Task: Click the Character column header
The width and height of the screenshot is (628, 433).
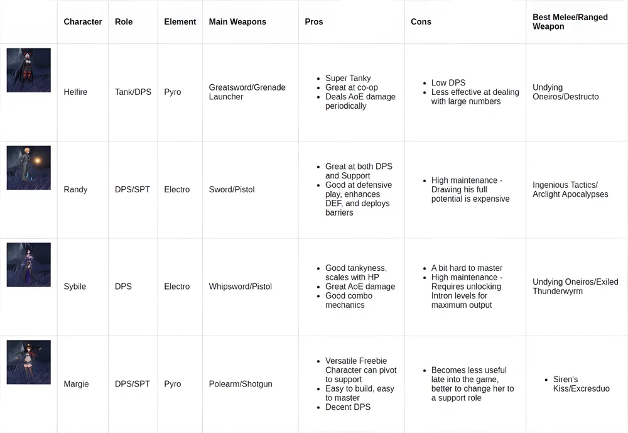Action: click(82, 22)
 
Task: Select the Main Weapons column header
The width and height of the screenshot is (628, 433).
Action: click(237, 22)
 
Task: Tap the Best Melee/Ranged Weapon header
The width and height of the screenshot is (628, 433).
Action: click(570, 22)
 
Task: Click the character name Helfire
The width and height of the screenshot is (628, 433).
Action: click(75, 92)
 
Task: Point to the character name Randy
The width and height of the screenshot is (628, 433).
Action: click(75, 190)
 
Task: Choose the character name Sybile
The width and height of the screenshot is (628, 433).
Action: click(75, 287)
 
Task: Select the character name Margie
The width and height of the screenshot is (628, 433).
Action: click(76, 384)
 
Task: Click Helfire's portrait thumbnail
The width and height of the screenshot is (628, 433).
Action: click(29, 70)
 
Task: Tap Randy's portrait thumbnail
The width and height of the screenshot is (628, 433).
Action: click(29, 168)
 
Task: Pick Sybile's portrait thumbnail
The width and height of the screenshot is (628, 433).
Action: click(29, 265)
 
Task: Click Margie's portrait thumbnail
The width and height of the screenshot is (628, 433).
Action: click(29, 362)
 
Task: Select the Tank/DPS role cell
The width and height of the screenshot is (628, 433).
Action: click(133, 92)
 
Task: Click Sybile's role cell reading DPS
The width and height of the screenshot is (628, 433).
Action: click(123, 287)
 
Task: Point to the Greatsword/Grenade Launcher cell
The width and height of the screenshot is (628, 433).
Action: click(247, 92)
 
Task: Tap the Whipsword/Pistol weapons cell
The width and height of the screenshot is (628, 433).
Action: click(241, 287)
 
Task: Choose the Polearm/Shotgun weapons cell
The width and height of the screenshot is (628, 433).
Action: click(241, 384)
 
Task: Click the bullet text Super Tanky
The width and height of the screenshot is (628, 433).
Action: click(348, 79)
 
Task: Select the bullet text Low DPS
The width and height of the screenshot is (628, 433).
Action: click(448, 83)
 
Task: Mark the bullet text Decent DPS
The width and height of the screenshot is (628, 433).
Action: click(348, 407)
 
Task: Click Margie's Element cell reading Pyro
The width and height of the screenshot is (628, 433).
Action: click(172, 384)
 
